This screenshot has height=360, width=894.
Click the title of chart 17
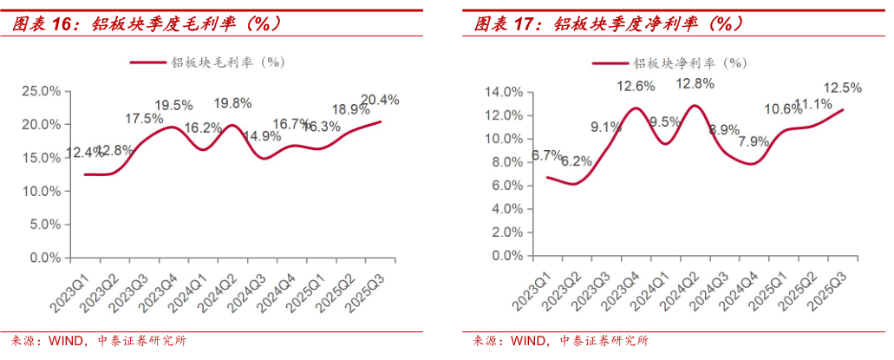pyautogui.click(x=608, y=23)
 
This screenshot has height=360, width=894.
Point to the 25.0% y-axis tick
pyautogui.click(x=40, y=91)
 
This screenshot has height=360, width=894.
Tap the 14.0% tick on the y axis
pyautogui.click(x=502, y=92)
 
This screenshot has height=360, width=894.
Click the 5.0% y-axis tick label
pyautogui.click(x=43, y=225)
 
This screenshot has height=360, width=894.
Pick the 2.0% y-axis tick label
pyautogui.click(x=506, y=233)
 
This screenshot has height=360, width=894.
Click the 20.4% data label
pyautogui.click(x=380, y=100)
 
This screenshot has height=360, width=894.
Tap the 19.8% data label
pyautogui.click(x=232, y=103)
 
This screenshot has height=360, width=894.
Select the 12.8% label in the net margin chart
pyautogui.click(x=695, y=83)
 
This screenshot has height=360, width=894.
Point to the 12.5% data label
pyautogui.click(x=842, y=88)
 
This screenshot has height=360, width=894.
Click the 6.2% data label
pyautogui.click(x=576, y=161)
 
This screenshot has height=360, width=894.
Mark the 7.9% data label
pyautogui.click(x=753, y=141)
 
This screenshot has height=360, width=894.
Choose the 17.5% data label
pyautogui.click(x=144, y=119)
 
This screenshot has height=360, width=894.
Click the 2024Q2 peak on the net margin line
pyautogui.click(x=695, y=106)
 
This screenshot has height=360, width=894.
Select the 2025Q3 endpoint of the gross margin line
pyautogui.click(x=380, y=121)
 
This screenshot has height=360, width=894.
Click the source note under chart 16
pyautogui.click(x=95, y=341)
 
